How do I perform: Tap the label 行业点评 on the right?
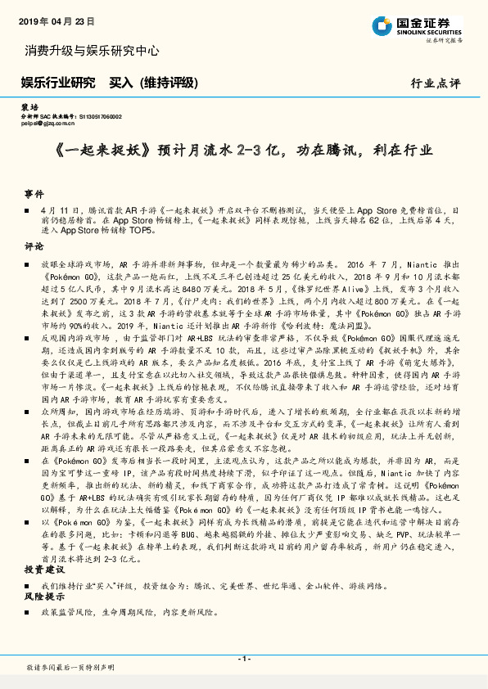(436, 83)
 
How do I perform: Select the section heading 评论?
(34, 246)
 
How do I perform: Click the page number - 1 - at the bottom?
(243, 659)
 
